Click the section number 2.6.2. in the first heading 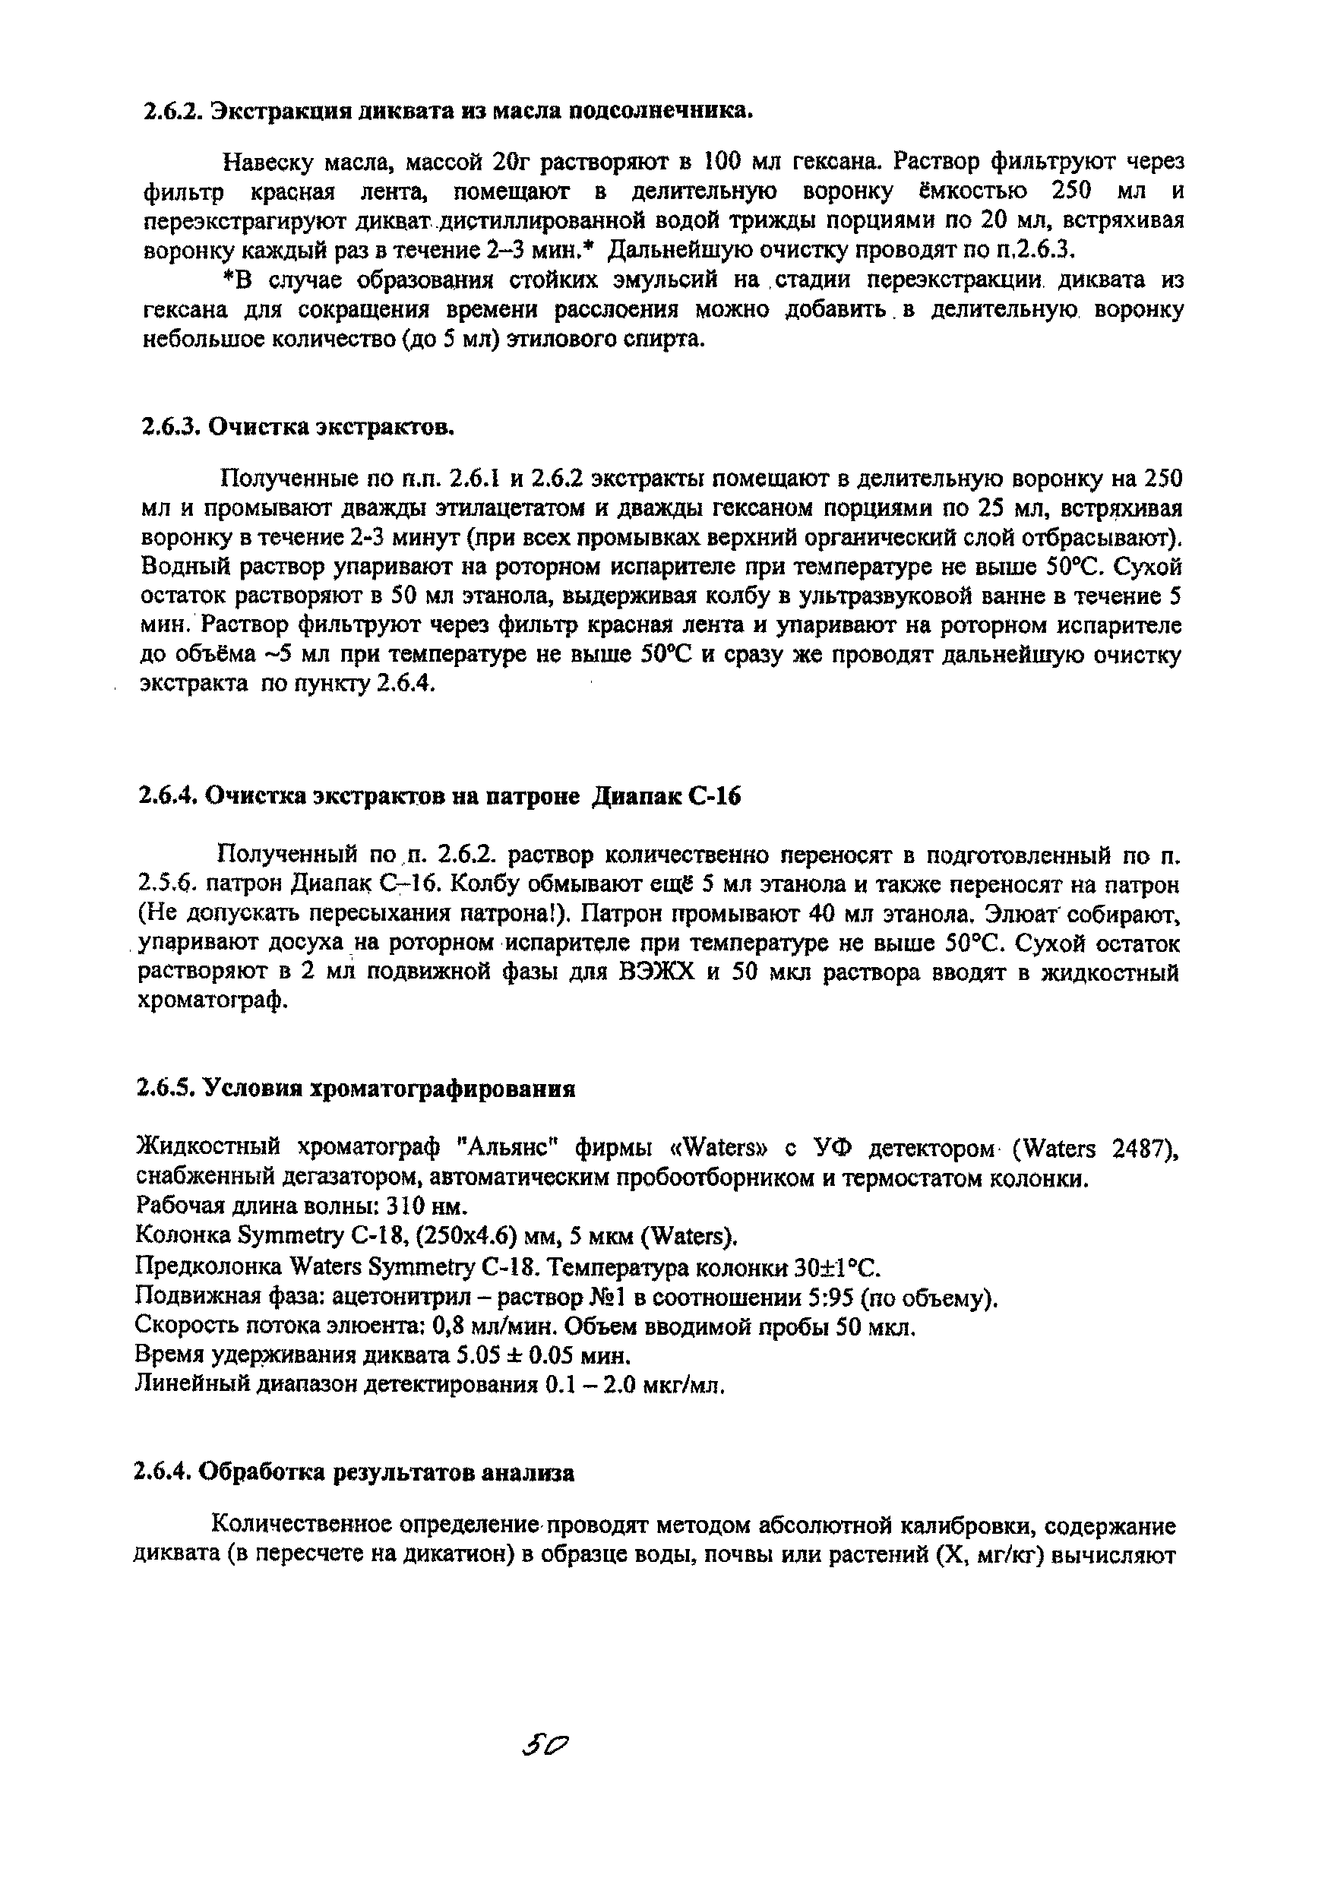[x=172, y=112]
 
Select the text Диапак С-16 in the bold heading [x=666, y=796]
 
